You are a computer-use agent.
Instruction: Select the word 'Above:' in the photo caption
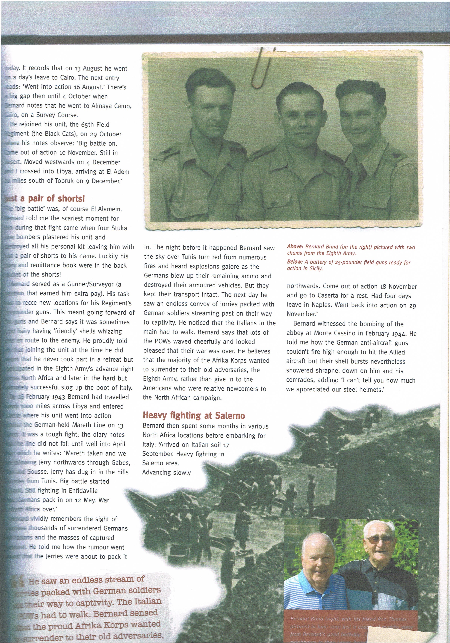[x=295, y=247]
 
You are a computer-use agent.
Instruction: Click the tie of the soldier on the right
[x=364, y=171]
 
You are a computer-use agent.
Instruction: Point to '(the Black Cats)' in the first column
[x=52, y=134]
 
